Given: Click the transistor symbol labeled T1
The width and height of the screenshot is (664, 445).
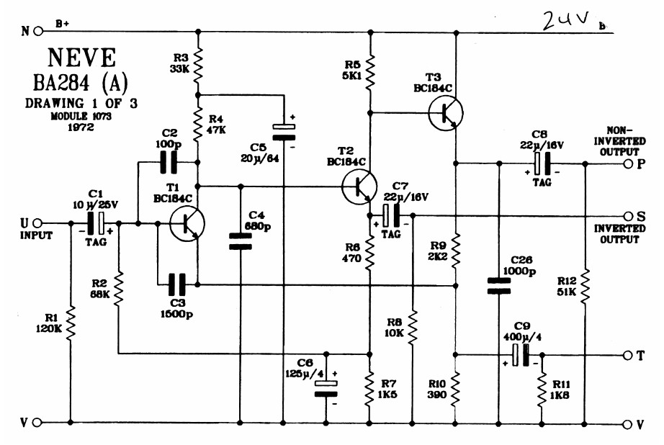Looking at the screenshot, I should click(x=187, y=224).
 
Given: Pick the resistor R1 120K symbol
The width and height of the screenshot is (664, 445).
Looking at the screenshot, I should click(x=71, y=323).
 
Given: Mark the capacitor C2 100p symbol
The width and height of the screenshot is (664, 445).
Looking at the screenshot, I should click(x=169, y=163).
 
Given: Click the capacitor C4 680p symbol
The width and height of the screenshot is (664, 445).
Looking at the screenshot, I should click(x=240, y=241).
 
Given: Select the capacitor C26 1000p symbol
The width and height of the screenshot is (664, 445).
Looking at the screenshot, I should click(x=498, y=286).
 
